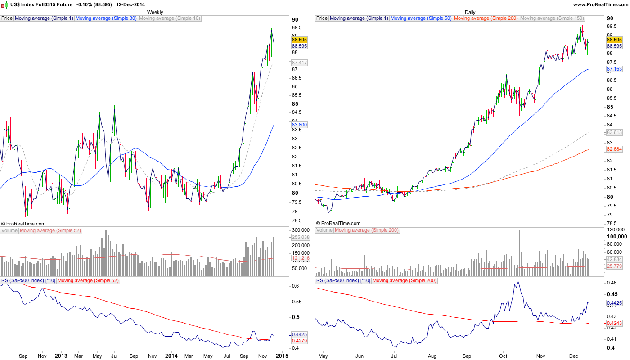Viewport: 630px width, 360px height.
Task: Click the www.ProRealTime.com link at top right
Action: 600,4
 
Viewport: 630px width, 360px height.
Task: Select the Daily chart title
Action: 470,12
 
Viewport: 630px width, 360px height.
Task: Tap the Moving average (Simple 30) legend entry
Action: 106,18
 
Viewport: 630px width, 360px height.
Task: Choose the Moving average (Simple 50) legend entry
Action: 421,18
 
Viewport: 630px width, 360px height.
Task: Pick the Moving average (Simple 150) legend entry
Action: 552,18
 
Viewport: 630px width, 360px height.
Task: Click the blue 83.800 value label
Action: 299,125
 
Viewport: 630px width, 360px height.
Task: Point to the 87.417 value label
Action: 299,63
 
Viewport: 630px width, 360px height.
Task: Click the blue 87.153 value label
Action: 614,69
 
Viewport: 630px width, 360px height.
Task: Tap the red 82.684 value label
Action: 614,149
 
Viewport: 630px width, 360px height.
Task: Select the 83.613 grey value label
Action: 614,133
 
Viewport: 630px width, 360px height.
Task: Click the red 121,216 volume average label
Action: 299,258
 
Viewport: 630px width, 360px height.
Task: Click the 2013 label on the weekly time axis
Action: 61,356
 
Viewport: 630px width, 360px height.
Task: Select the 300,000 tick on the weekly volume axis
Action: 301,229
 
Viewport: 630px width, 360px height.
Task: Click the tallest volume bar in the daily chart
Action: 519,252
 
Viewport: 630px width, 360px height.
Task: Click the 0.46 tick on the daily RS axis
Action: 612,283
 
